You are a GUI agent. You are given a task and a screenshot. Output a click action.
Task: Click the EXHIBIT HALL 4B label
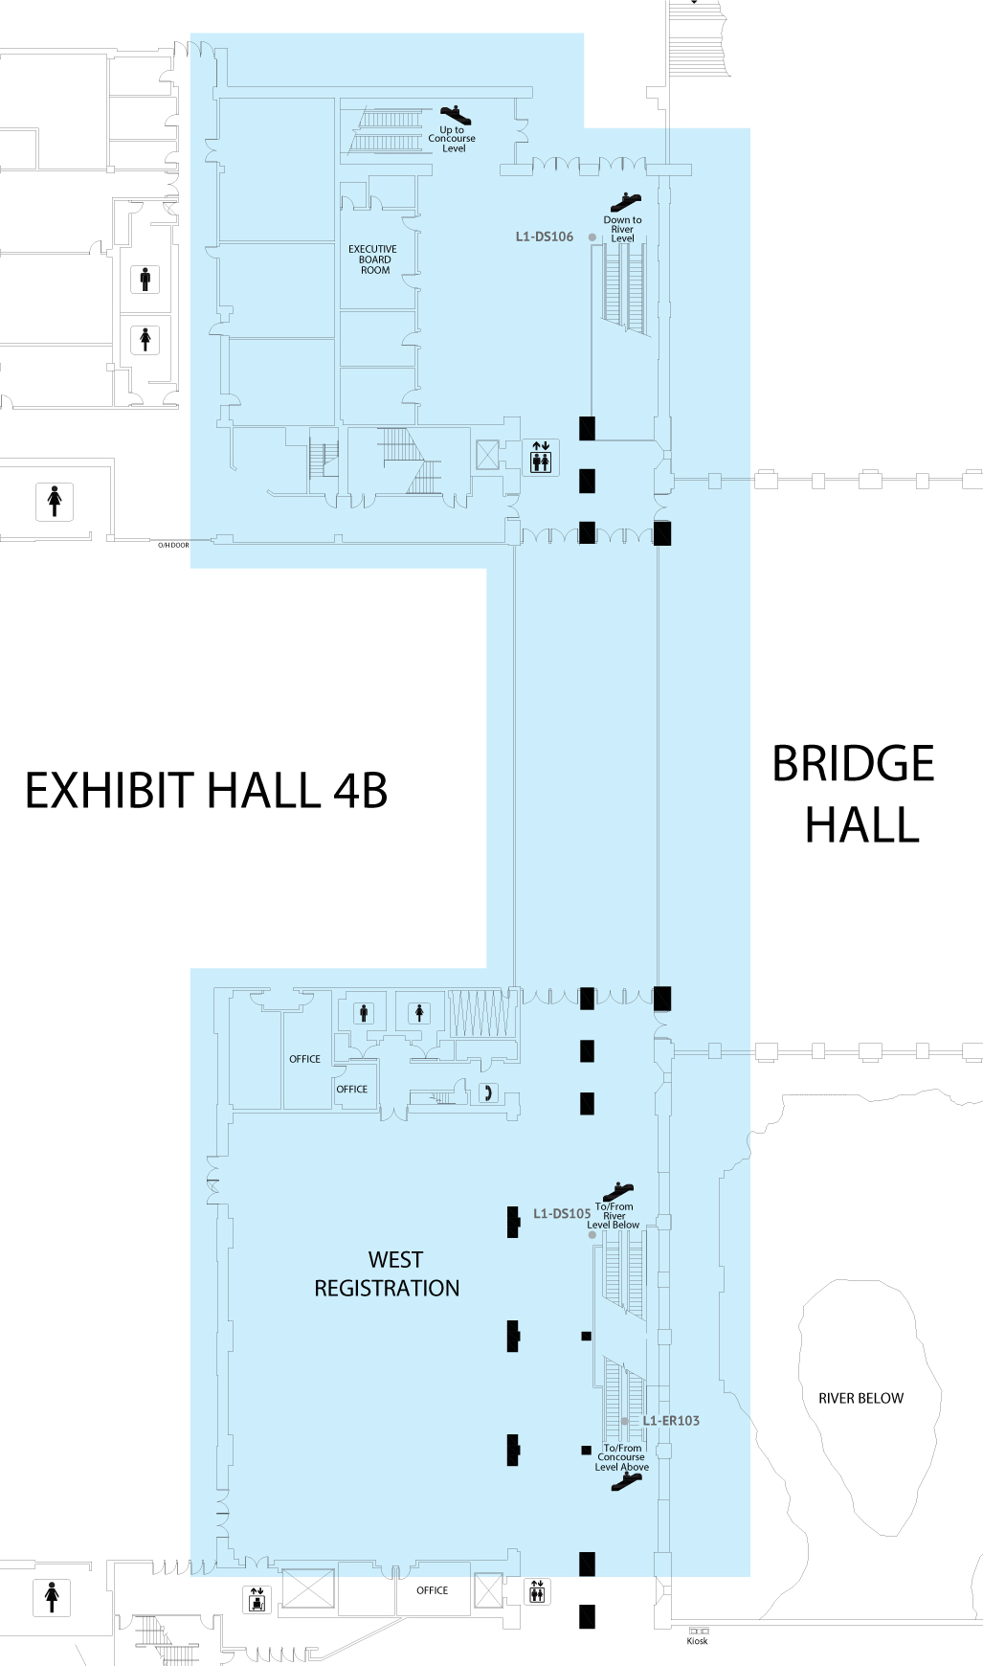(x=206, y=792)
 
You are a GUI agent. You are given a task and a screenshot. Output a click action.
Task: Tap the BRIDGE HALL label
(x=855, y=795)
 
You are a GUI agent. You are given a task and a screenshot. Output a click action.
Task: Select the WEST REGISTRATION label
(x=388, y=1274)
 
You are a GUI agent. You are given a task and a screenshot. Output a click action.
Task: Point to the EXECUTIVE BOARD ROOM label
(x=373, y=259)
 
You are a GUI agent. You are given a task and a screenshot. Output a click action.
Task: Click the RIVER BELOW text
(x=860, y=1398)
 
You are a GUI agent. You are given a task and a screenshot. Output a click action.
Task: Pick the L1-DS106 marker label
(x=544, y=236)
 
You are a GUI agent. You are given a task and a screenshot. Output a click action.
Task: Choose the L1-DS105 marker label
(x=562, y=1213)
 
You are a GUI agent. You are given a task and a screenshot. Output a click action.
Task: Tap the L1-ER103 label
(x=671, y=1421)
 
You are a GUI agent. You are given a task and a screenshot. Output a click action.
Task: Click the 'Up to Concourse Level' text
(x=452, y=139)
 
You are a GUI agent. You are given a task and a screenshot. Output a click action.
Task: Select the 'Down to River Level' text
(x=622, y=229)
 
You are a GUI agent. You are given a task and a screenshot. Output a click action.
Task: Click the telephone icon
(x=488, y=1092)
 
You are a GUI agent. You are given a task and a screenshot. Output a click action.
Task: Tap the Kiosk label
(x=698, y=1641)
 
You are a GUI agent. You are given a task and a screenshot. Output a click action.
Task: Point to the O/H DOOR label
(x=173, y=545)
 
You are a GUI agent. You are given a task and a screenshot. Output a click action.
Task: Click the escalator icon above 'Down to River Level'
(x=625, y=202)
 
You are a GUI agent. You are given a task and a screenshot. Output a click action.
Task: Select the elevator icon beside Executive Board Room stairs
(x=541, y=458)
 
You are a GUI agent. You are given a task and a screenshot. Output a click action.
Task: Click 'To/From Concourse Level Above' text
(x=622, y=1457)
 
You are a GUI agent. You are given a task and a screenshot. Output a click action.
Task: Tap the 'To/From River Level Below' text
(x=614, y=1216)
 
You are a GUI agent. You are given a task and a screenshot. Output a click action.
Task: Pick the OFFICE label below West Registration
(x=432, y=1590)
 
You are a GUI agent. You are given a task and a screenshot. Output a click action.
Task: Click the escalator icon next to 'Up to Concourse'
(x=455, y=115)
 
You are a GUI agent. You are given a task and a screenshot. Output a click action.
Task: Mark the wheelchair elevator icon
(x=257, y=1599)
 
